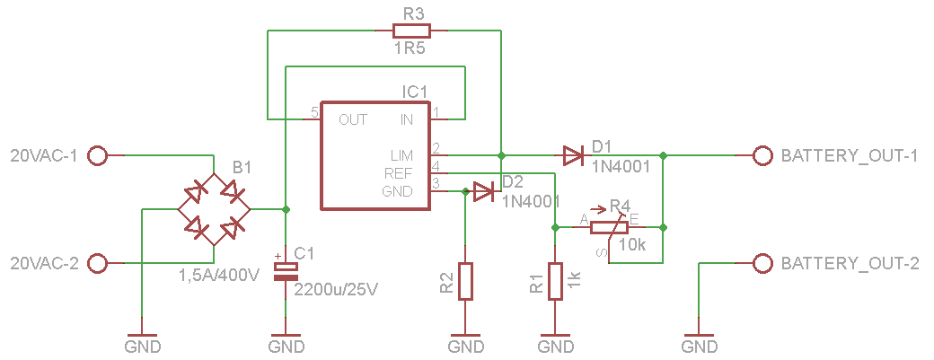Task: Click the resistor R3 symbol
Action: (x=410, y=31)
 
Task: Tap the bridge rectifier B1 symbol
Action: (x=215, y=210)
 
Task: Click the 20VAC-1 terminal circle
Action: (x=98, y=156)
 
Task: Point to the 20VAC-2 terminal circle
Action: (x=98, y=264)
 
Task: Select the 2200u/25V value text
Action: (x=336, y=290)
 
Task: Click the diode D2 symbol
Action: (x=484, y=191)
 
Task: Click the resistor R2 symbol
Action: (x=465, y=281)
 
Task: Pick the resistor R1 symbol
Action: (x=556, y=281)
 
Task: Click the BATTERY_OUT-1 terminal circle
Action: (x=762, y=156)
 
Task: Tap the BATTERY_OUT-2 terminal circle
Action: (x=762, y=264)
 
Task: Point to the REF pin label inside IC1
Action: (x=399, y=172)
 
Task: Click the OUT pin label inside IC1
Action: (x=353, y=119)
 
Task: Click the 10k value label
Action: (x=632, y=244)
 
